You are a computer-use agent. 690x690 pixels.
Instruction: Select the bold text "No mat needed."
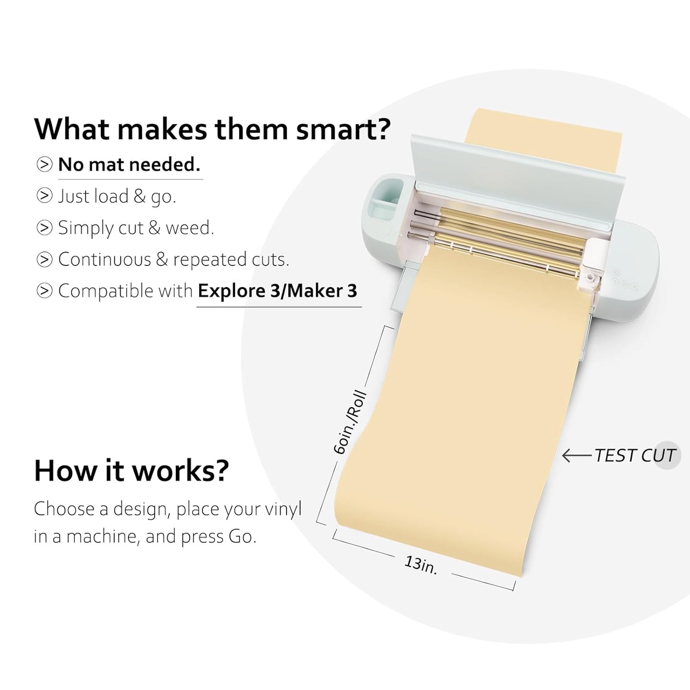[x=129, y=165]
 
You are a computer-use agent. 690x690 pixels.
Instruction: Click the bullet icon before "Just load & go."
[x=44, y=196]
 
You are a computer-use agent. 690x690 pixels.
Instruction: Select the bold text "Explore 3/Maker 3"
[x=277, y=291]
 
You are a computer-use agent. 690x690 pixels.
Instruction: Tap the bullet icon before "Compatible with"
[x=44, y=291]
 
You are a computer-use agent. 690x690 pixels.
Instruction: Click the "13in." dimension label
[x=421, y=565]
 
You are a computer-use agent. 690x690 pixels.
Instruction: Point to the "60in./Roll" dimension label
[x=350, y=423]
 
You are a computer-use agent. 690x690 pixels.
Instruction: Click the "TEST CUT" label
[x=635, y=456]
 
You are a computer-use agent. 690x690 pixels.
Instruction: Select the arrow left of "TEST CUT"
[x=576, y=456]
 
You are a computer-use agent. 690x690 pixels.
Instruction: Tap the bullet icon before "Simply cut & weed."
[x=44, y=228]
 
